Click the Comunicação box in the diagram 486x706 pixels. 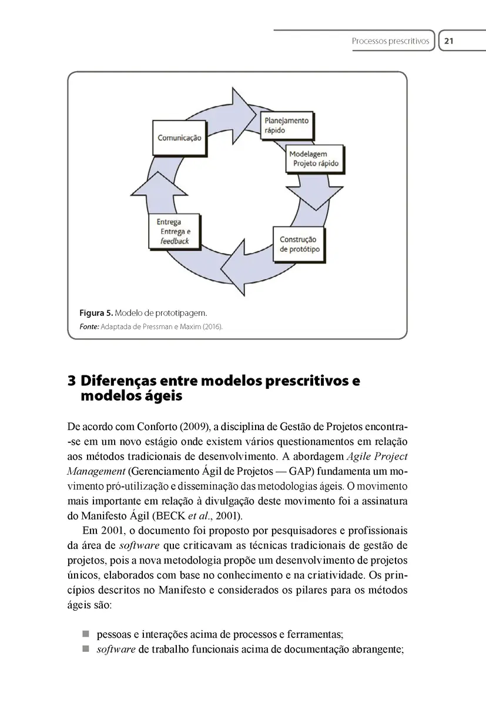[179, 138]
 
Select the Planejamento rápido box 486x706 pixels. [286, 125]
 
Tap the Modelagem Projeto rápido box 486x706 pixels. [314, 159]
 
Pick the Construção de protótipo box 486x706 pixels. [299, 244]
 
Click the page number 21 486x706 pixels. [449, 41]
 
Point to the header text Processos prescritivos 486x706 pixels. [390, 41]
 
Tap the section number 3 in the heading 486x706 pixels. [72, 381]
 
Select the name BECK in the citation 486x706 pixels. [170, 516]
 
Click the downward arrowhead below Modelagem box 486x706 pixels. [315, 197]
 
